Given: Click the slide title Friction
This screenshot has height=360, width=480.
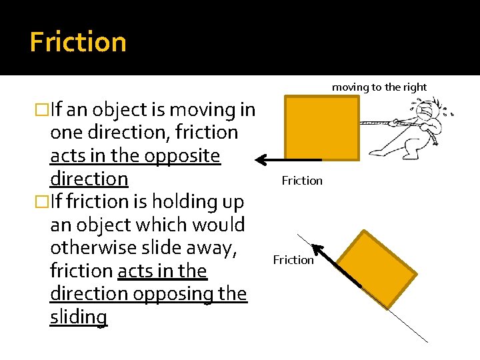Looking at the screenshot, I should pyautogui.click(x=78, y=42).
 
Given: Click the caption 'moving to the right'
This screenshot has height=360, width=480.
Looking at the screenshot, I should pyautogui.click(x=379, y=87).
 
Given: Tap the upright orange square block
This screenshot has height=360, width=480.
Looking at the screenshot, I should pyautogui.click(x=321, y=127).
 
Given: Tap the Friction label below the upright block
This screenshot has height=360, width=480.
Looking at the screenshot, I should pyautogui.click(x=302, y=180).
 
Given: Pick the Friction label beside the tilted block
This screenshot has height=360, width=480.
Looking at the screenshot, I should pyautogui.click(x=293, y=260).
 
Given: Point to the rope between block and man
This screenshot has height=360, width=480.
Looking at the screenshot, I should pyautogui.click(x=377, y=123).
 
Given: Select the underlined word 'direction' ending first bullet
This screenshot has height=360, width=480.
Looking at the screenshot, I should pyautogui.click(x=89, y=179).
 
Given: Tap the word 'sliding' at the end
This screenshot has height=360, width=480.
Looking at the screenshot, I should pyautogui.click(x=78, y=317).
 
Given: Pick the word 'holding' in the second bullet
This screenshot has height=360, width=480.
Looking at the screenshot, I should pyautogui.click(x=177, y=201).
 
